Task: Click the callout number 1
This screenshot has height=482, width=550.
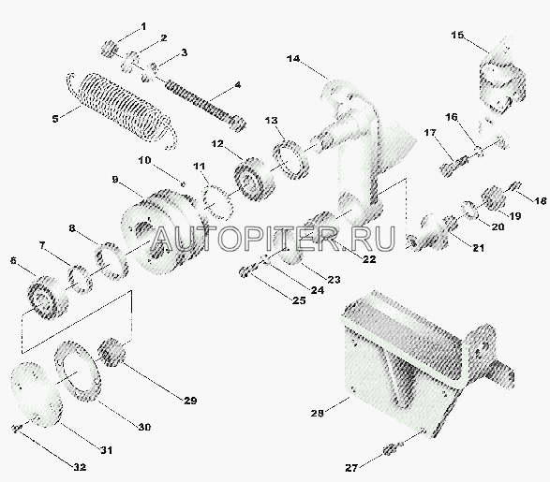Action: click(143, 26)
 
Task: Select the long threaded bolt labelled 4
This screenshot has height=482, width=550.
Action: click(204, 106)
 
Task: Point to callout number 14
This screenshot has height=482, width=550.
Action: click(293, 59)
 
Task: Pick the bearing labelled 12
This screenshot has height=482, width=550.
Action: click(254, 179)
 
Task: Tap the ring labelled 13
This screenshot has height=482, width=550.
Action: click(290, 159)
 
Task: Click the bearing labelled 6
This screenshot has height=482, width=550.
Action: click(47, 297)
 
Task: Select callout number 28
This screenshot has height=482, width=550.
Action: click(317, 414)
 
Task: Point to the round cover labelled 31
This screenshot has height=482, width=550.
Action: click(37, 394)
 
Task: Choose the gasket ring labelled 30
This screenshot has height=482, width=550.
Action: click(78, 371)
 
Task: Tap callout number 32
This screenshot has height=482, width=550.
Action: click(80, 467)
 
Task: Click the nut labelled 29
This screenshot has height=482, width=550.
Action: click(111, 352)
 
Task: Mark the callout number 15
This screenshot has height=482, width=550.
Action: click(457, 35)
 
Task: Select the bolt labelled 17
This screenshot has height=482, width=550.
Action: click(454, 166)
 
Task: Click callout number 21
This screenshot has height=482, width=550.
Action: click(479, 248)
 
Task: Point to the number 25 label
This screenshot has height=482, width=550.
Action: click(299, 300)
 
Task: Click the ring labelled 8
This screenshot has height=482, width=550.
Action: click(111, 260)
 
